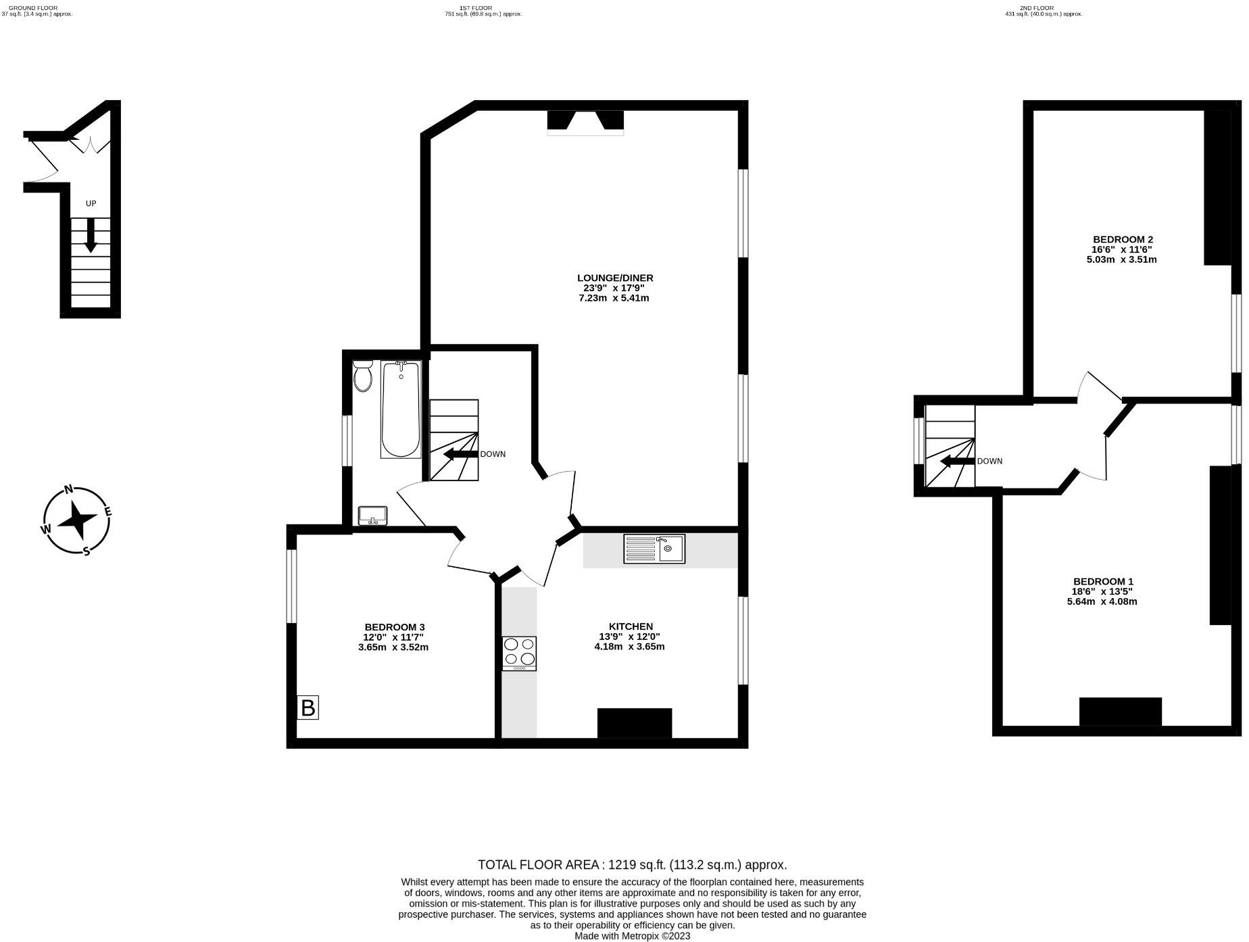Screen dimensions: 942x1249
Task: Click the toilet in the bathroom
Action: pyautogui.click(x=363, y=377)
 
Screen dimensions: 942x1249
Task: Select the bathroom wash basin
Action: pyautogui.click(x=372, y=516)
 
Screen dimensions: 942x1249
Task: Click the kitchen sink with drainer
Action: pyautogui.click(x=654, y=549)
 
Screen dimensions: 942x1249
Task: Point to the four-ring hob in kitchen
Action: pyautogui.click(x=519, y=653)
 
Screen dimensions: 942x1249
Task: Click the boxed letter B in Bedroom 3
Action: pyautogui.click(x=308, y=708)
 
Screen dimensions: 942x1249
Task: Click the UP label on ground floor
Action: pyautogui.click(x=91, y=203)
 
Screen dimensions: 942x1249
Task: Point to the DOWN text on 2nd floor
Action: pyautogui.click(x=989, y=462)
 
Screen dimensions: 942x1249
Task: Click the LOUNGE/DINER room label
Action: pyautogui.click(x=615, y=278)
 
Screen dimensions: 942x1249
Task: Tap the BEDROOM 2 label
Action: pyautogui.click(x=1123, y=239)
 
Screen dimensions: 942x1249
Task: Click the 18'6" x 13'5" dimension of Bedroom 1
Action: pyautogui.click(x=1103, y=591)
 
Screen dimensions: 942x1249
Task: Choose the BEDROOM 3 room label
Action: pyautogui.click(x=394, y=627)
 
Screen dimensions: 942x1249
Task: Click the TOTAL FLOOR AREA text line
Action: pyautogui.click(x=632, y=864)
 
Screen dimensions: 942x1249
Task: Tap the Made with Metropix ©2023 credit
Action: pyautogui.click(x=632, y=936)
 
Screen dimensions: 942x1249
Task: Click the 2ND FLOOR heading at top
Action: pyautogui.click(x=1034, y=7)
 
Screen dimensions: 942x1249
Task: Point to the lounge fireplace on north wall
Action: pyautogui.click(x=585, y=122)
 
